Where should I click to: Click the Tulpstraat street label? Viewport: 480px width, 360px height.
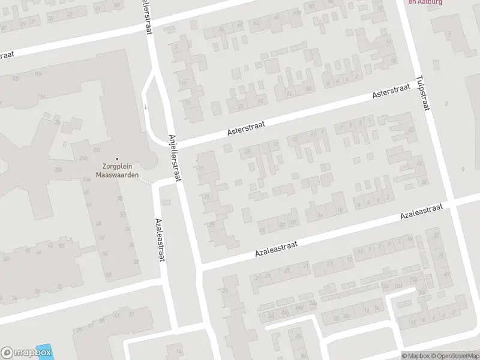point(423,93)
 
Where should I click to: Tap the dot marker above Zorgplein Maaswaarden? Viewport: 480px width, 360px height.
point(118,159)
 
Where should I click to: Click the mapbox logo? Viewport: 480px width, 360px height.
point(26,353)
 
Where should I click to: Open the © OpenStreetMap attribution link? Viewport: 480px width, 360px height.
point(454,356)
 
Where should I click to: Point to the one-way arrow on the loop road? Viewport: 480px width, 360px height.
point(145,107)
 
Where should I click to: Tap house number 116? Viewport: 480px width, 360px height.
point(41,96)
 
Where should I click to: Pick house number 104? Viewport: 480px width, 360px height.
point(38,73)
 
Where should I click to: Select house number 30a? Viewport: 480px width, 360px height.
point(59,170)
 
